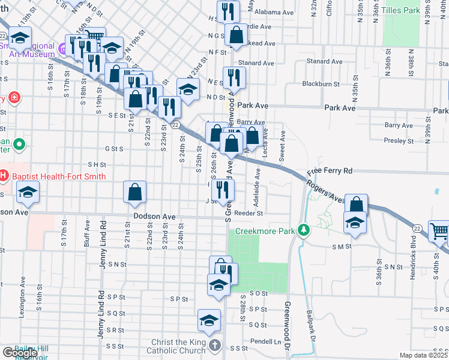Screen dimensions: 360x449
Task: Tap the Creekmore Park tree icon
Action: [x=304, y=230]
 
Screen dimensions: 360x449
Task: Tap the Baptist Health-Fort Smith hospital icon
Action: [x=4, y=176]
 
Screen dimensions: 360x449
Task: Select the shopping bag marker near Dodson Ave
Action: [x=136, y=192]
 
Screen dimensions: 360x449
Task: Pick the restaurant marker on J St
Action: [x=222, y=190]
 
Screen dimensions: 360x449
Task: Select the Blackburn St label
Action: [x=321, y=84]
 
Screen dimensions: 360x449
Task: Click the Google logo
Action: [x=19, y=353]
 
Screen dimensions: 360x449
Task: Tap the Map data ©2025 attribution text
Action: [x=423, y=355]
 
